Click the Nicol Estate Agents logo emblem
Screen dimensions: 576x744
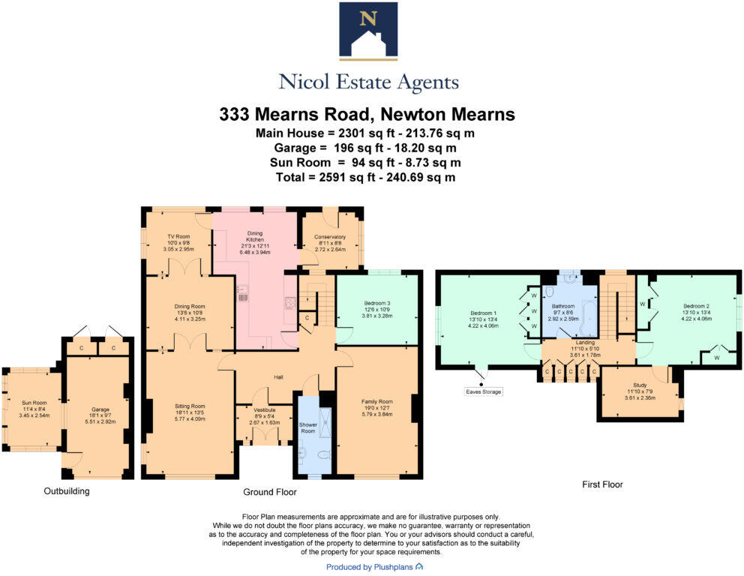pyautogui.click(x=367, y=31)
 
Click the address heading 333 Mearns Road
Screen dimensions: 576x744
pyautogui.click(x=367, y=115)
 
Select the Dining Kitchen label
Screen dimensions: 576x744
pyautogui.click(x=250, y=239)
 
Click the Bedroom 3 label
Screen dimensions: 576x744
pyautogui.click(x=372, y=307)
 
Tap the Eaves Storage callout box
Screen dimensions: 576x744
pyautogui.click(x=483, y=391)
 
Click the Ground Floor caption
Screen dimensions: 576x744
pyautogui.click(x=270, y=493)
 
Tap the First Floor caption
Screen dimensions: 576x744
pyautogui.click(x=602, y=484)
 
